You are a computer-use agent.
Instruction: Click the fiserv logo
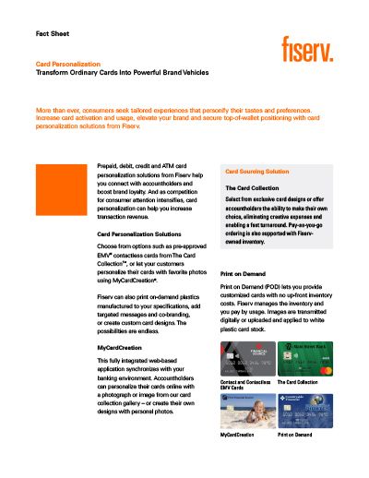point(308,45)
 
